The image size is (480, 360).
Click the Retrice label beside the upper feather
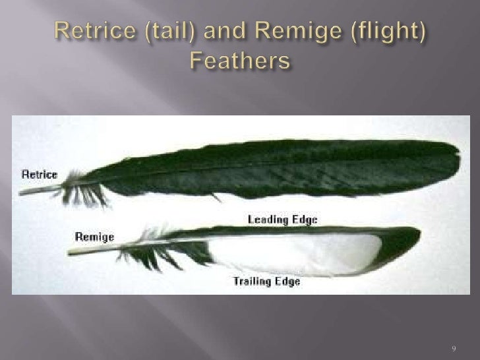pos(40,175)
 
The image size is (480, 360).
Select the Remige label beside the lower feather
pos(95,236)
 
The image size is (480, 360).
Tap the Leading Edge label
pos(282,220)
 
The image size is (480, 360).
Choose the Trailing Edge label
pos(267,282)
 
